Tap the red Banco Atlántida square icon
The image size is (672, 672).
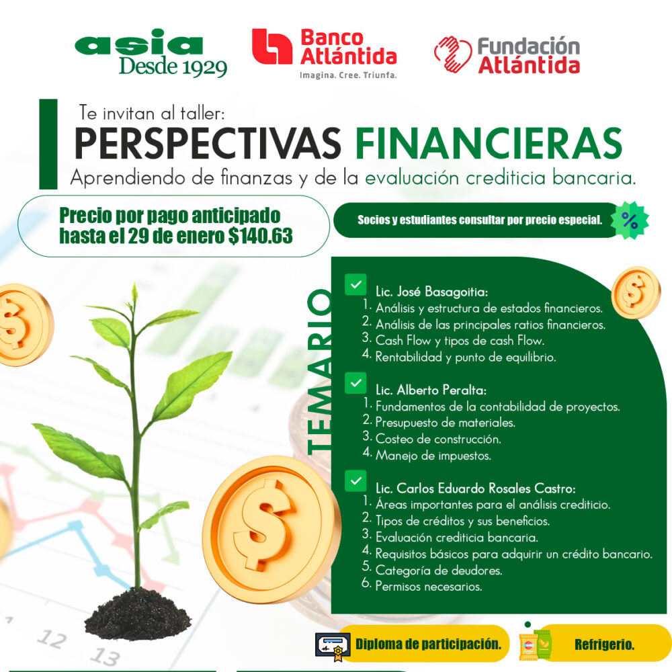point(271,46)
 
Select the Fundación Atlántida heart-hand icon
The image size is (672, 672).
point(452,54)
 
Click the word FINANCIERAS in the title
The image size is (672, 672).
point(489,143)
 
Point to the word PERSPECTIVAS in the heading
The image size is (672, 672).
point(208,143)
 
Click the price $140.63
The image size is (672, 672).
point(261,236)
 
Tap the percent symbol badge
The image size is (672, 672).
point(629,220)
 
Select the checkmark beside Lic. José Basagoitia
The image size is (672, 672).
point(355,284)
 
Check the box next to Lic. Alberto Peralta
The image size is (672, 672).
point(355,383)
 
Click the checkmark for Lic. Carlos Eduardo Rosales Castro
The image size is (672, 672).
point(355,481)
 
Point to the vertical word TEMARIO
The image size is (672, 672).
point(320,372)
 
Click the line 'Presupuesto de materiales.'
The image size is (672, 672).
point(446,423)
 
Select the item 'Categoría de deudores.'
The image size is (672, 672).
point(439,571)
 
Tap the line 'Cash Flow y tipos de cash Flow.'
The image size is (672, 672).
point(460,341)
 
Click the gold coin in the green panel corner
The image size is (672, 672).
point(636,292)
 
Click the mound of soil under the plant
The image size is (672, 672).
point(138,614)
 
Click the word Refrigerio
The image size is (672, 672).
point(604,644)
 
